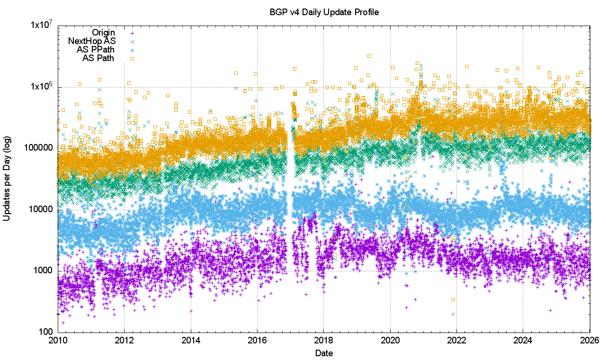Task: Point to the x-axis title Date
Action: coord(324,353)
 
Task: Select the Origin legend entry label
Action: coord(103,33)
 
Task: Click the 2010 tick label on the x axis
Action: coord(58,340)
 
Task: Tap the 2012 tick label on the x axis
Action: coord(124,340)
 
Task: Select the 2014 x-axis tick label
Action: coord(191,340)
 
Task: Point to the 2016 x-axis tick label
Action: coord(257,340)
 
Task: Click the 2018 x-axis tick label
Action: coord(323,340)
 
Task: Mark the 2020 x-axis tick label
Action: coord(390,340)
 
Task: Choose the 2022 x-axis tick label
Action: coord(456,340)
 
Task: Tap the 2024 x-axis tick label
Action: coord(523,340)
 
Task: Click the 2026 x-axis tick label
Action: coord(589,340)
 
